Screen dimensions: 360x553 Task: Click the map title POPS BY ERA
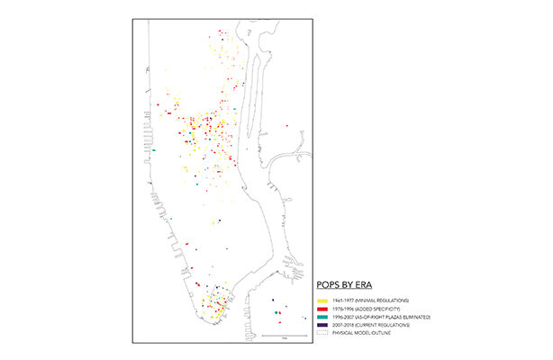click(346, 285)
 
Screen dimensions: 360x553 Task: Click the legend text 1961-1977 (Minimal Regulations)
click(369, 300)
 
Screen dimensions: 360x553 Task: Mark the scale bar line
click(283, 337)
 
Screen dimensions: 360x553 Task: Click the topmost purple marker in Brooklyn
click(272, 300)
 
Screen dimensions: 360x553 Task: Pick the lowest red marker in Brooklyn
click(280, 321)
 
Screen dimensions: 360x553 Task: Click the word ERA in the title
click(365, 285)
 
